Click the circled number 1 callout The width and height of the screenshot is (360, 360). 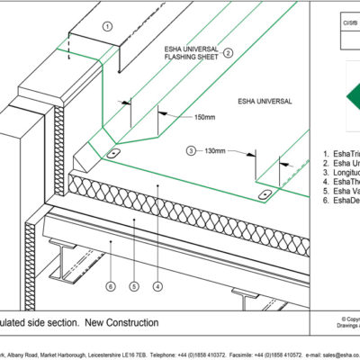pyautogui.click(x=107, y=26)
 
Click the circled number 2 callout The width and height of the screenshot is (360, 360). pyautogui.click(x=229, y=52)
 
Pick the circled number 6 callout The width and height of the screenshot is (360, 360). pyautogui.click(x=110, y=288)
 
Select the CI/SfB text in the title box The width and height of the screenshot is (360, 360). pyautogui.click(x=344, y=16)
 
